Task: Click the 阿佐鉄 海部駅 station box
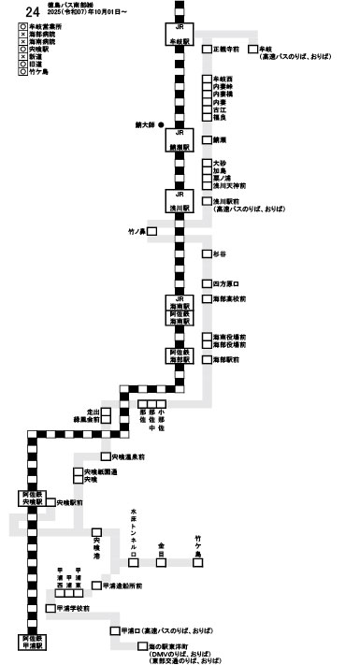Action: (x=180, y=355)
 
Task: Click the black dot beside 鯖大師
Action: (x=162, y=124)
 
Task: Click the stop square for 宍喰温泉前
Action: (x=106, y=457)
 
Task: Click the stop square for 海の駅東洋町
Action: (x=141, y=646)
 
